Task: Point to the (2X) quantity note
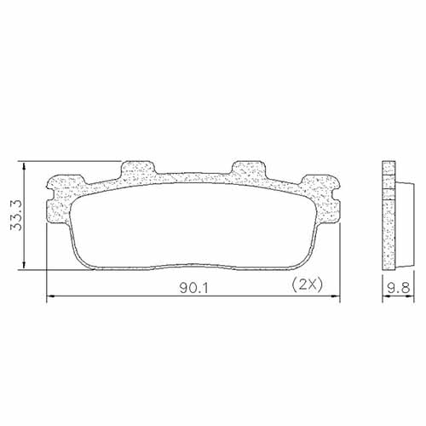(x=305, y=283)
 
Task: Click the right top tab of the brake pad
(x=250, y=167)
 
